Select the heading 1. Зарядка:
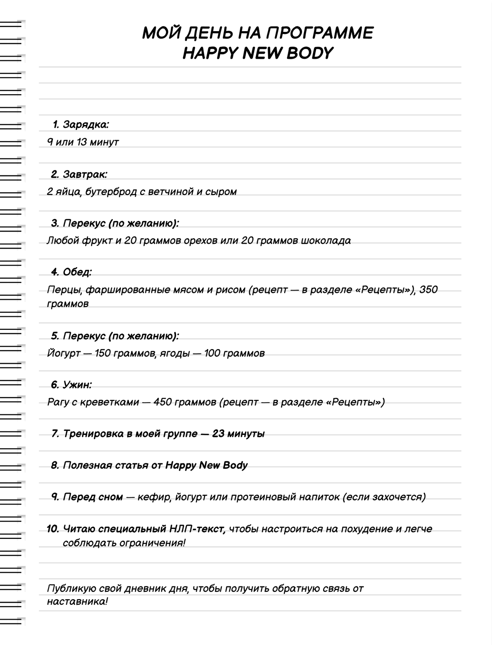[x=81, y=124]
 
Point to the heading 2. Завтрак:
[x=79, y=174]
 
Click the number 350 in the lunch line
[x=429, y=289]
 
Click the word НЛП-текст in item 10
[x=196, y=529]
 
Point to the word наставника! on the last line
[x=77, y=602]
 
